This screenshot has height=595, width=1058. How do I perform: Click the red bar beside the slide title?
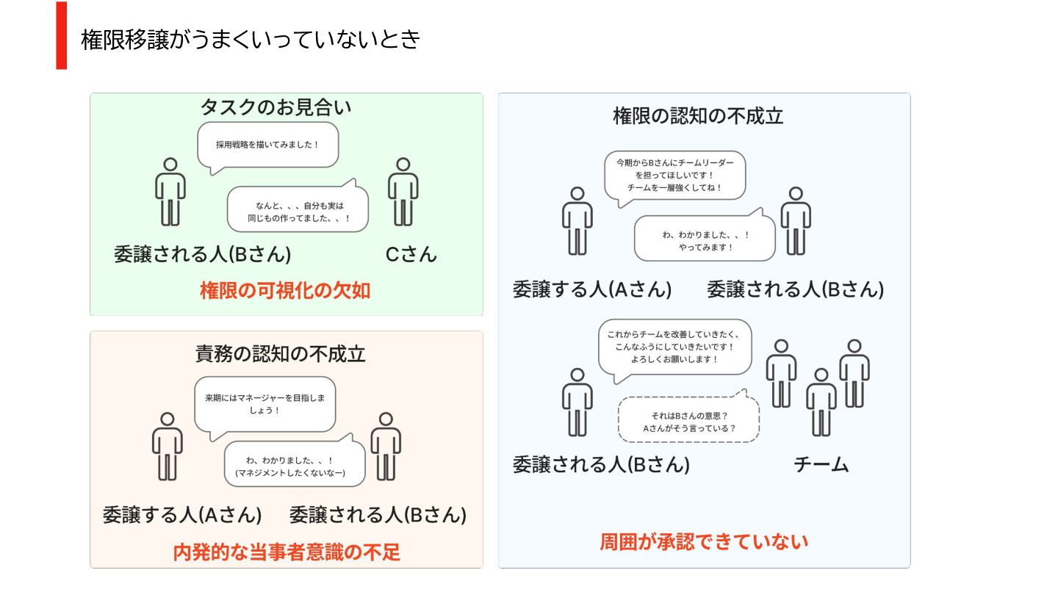coord(62,35)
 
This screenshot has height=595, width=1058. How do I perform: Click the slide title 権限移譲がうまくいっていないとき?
coord(250,39)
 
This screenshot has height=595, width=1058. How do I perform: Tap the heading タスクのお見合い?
coord(276,107)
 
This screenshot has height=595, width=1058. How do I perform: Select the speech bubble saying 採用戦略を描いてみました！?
coord(268,145)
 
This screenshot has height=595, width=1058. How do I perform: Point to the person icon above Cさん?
coord(403,191)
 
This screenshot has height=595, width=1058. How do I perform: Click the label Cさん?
coord(411,254)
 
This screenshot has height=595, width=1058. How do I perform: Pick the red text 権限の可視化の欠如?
coord(285,291)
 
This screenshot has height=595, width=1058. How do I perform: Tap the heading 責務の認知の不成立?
coord(280,354)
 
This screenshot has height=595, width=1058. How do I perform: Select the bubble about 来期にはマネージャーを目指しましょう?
coord(265,404)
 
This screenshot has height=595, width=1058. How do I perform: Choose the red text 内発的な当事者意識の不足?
coord(287,552)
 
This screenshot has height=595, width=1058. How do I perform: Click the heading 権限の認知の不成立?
coord(698,116)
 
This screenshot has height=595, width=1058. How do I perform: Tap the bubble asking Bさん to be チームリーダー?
coord(674,175)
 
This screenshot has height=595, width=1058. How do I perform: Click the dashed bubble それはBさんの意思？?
coord(689,421)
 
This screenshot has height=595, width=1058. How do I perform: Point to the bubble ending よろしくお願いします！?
coord(674,347)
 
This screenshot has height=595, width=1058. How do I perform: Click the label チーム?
coord(821,464)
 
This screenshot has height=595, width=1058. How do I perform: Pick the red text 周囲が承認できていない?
coord(704,542)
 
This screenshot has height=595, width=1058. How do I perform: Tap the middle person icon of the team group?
coord(821,401)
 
